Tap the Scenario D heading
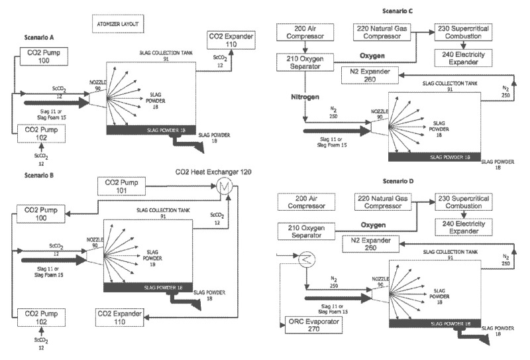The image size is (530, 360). click(x=403, y=180)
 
